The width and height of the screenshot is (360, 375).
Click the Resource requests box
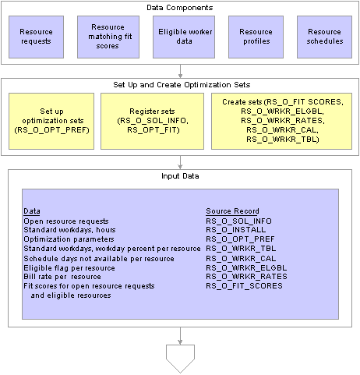pos(36,37)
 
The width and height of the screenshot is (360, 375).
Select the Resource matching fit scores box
pos(108,37)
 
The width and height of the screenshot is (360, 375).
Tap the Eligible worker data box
pos(184,37)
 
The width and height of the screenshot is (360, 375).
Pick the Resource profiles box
pos(256,37)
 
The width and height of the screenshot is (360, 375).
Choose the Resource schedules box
pos(324,37)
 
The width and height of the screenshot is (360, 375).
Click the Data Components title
pos(180,8)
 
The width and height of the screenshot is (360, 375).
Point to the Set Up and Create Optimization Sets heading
pos(182,85)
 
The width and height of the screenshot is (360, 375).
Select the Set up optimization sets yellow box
pos(51,121)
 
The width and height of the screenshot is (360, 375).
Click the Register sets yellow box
pos(152,121)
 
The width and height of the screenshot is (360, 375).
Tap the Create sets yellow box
pos(281,121)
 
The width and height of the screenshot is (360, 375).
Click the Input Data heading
pos(180,176)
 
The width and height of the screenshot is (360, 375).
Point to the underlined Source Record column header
pos(232,211)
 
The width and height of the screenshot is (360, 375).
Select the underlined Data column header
pos(32,211)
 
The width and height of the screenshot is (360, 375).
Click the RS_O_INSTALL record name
pos(236,230)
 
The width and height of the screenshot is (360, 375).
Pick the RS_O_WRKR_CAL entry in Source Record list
pos(241,258)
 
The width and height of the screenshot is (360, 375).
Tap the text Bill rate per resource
pos(62,277)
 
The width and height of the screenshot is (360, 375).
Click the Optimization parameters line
pos(69,239)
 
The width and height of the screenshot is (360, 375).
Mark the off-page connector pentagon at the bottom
pos(180,359)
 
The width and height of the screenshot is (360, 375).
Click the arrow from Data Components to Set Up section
pos(180,71)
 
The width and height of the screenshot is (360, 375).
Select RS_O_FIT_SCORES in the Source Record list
pos(244,286)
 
